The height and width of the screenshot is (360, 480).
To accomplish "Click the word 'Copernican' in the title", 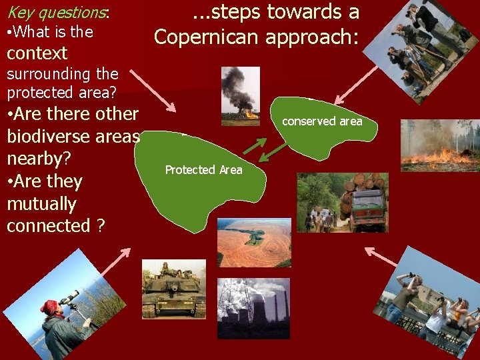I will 209,37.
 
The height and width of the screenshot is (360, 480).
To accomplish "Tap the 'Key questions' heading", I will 57,12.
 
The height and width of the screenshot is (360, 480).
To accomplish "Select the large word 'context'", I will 37,53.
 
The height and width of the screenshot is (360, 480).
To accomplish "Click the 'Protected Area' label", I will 203,170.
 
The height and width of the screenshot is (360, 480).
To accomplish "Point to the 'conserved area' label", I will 322,121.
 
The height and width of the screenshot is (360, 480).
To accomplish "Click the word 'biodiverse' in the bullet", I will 73,137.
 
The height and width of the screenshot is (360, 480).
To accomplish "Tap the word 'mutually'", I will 41,204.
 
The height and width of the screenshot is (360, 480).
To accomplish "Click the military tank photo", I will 173,289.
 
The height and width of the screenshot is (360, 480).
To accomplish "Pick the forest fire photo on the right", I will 439,145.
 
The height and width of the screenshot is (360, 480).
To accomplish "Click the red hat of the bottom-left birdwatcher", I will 49,307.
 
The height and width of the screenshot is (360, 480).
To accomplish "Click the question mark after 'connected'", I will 100,227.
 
